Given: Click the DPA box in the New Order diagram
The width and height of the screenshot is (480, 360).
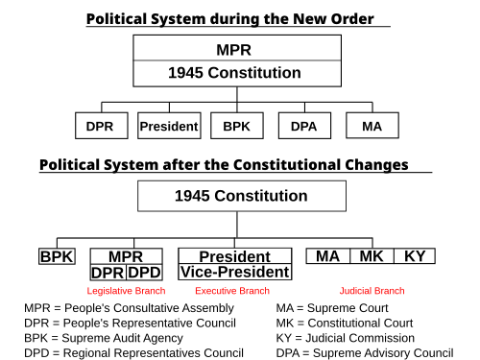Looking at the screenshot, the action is [304, 126].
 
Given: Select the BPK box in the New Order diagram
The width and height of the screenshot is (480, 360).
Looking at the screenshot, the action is [237, 126].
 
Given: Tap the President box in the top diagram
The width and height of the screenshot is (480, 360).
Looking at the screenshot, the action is [169, 126].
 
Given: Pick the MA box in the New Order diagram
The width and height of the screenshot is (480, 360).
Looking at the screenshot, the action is [372, 126].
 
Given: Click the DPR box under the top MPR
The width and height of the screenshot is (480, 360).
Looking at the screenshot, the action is [102, 126].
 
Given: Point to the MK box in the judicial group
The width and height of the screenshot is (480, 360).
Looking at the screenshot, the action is [372, 256].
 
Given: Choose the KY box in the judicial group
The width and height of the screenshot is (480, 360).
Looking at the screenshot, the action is [415, 256].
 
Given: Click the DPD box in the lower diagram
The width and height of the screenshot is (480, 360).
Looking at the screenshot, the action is [144, 273].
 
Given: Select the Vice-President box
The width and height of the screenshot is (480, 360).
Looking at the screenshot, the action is [235, 272].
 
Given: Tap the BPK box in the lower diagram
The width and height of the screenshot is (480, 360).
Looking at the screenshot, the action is [57, 256].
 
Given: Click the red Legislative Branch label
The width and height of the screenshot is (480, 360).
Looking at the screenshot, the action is [126, 291].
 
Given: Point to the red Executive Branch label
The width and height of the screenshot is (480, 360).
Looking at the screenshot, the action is [232, 291].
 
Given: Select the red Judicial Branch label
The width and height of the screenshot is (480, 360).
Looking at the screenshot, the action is [372, 291].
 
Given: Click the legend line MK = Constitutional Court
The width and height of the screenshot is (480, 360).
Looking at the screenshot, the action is [345, 324].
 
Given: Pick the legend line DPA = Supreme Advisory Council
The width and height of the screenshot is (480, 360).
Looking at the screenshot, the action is [365, 353].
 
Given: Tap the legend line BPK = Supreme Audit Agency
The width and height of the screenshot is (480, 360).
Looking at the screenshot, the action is [104, 338].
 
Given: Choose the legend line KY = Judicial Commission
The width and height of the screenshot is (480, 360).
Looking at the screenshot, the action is [346, 338].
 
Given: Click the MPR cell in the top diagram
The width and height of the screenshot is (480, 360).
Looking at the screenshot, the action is [237, 48].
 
